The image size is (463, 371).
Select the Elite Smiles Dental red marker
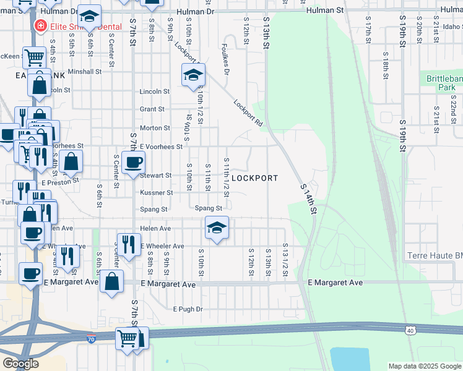tap(40, 26)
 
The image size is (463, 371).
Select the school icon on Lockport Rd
tap(193, 75)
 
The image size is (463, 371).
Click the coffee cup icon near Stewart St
tap(134, 163)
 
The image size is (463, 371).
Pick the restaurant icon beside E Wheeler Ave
tap(129, 245)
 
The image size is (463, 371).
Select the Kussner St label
tap(155, 193)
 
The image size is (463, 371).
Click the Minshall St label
tap(85, 72)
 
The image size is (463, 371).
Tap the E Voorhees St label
tap(162, 147)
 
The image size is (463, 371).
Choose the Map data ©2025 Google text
tap(424, 366)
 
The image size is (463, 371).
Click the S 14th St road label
tap(308, 198)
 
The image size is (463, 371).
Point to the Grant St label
tap(152, 109)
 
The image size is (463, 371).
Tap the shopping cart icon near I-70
tap(128, 339)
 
